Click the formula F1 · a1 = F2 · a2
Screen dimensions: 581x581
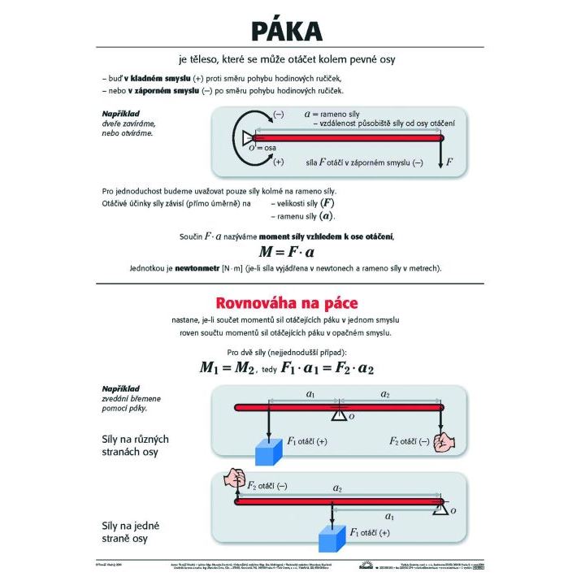click(327, 367)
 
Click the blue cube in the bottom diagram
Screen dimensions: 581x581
click(332, 539)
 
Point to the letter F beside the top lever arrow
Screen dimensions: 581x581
click(449, 162)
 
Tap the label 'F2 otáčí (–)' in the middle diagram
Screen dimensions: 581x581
click(409, 440)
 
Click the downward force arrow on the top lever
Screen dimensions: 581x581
click(440, 154)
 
